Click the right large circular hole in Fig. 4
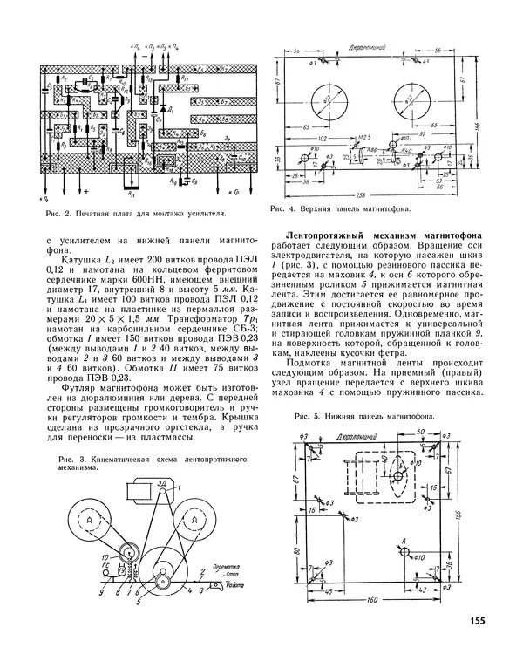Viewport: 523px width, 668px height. point(412,99)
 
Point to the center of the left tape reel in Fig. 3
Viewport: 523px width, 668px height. point(88,519)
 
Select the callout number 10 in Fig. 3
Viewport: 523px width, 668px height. point(104,555)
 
